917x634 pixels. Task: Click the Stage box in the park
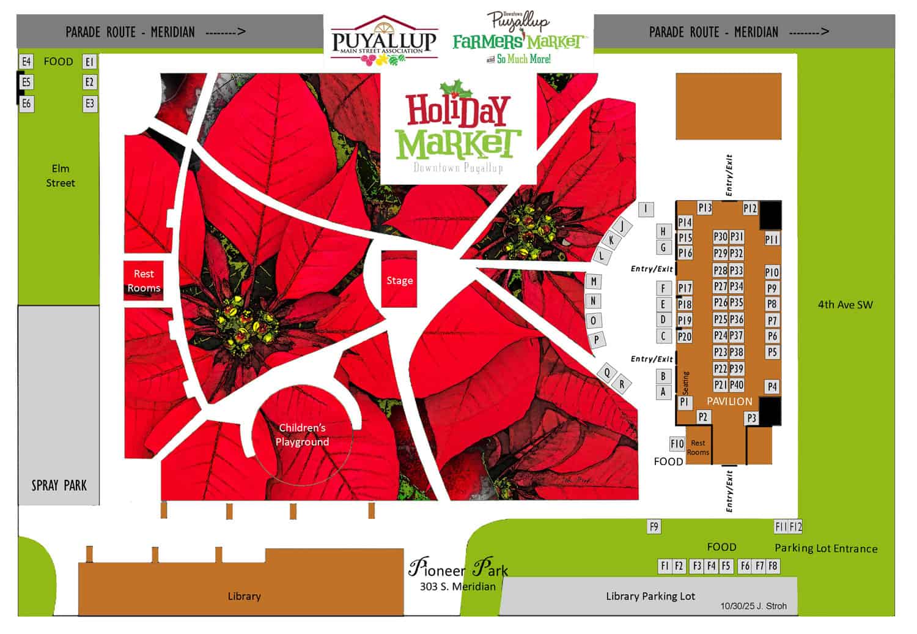(x=399, y=280)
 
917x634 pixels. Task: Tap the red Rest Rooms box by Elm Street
(x=144, y=281)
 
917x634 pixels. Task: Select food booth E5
(x=26, y=82)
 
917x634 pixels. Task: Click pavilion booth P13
(x=705, y=208)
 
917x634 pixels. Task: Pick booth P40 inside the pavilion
(x=737, y=385)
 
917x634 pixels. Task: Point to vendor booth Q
(x=607, y=372)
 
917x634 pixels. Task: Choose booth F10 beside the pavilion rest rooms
(x=677, y=444)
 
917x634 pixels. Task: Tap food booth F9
(x=654, y=526)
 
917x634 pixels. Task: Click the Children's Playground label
(x=302, y=434)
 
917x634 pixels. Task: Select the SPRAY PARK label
(x=59, y=485)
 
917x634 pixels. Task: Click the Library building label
(x=244, y=596)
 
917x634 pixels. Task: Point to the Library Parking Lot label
(x=650, y=596)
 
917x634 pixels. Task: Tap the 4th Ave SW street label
(x=845, y=305)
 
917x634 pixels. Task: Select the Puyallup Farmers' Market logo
(x=518, y=38)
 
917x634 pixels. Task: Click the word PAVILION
(x=729, y=401)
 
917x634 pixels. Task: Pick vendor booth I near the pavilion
(x=646, y=209)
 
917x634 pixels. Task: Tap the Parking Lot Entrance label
(x=826, y=548)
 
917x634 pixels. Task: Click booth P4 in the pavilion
(x=772, y=387)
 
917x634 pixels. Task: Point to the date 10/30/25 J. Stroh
(x=753, y=606)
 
